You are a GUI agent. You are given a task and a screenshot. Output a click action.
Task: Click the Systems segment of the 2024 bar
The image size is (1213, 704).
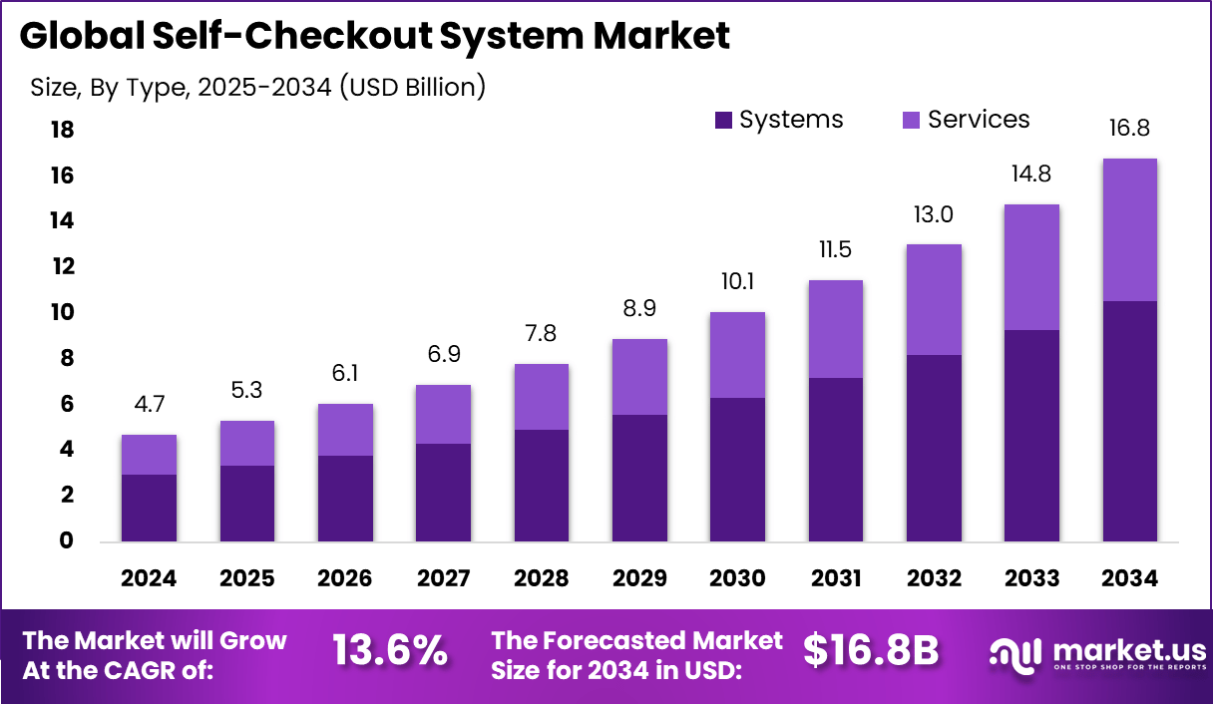(x=149, y=509)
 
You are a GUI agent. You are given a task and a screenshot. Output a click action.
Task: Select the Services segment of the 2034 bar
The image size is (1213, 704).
(x=1130, y=229)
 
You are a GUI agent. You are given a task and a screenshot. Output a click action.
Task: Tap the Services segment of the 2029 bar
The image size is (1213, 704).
(x=639, y=377)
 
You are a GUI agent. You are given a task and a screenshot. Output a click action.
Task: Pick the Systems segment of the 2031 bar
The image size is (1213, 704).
(x=836, y=460)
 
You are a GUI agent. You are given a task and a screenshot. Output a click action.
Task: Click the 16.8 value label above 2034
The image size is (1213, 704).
(x=1130, y=129)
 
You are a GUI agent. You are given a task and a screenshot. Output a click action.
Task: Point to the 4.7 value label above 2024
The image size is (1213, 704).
(x=149, y=406)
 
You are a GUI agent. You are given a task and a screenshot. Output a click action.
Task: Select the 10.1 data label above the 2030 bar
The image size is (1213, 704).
(x=737, y=282)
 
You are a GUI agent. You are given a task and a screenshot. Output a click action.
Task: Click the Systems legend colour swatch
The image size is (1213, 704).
(x=724, y=121)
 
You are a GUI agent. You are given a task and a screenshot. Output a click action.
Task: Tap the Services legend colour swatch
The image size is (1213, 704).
(x=912, y=121)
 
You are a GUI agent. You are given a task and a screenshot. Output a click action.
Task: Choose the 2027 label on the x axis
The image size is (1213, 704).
(x=443, y=578)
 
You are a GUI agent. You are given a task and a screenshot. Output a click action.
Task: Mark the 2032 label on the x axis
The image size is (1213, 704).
(x=934, y=578)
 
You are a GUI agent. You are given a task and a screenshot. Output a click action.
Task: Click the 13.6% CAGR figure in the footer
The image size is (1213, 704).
(x=390, y=652)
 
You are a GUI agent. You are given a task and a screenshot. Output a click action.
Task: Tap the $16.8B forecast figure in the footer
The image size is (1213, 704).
(x=871, y=652)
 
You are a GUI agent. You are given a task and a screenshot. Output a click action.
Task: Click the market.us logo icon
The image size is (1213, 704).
(x=1014, y=653)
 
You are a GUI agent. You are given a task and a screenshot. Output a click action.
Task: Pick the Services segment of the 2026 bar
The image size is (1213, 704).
(x=345, y=430)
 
